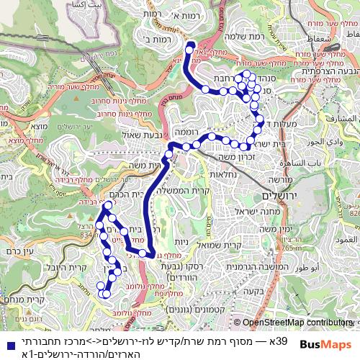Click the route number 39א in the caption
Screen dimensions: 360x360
[280, 339]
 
